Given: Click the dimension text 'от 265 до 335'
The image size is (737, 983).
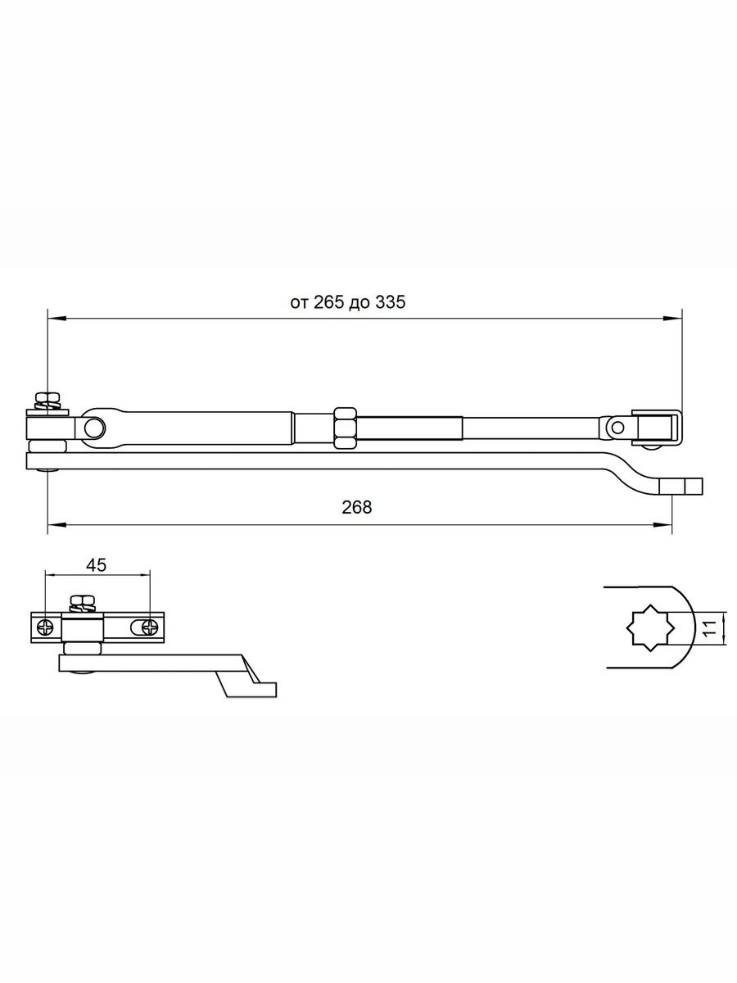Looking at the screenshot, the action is [348, 302].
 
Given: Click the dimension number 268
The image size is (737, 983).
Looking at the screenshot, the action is [357, 507].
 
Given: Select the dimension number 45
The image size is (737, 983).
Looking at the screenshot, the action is [96, 565].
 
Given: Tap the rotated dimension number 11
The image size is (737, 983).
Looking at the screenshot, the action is [710, 628].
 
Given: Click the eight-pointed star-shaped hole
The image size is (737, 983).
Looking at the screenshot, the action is [649, 627].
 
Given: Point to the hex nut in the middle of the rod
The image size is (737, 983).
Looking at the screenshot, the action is [346, 428].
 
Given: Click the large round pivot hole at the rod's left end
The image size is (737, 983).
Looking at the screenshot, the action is [93, 428].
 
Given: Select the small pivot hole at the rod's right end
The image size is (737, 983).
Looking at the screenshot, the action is [618, 427].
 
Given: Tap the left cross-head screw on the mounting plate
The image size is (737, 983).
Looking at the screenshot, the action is [46, 627].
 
